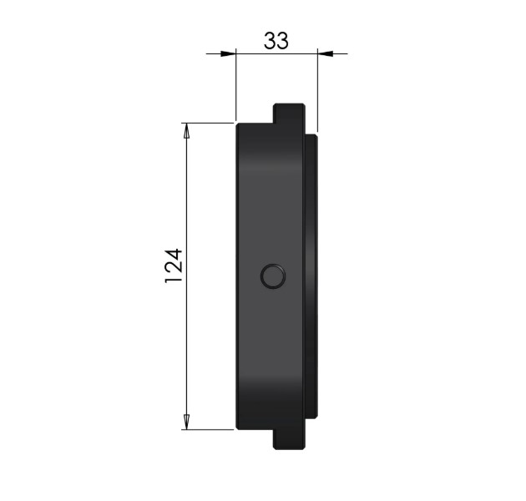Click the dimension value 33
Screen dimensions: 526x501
(276, 41)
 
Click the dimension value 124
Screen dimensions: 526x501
(174, 266)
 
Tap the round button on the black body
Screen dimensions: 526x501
(273, 276)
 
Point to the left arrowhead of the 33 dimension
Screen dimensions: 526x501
(228, 53)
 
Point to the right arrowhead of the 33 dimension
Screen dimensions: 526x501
(326, 53)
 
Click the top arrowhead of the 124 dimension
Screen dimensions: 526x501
(186, 131)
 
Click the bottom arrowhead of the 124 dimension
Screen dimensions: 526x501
(186, 422)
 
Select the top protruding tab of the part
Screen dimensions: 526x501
(289, 113)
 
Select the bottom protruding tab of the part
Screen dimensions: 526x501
(289, 439)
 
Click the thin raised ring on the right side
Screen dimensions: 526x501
(311, 276)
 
